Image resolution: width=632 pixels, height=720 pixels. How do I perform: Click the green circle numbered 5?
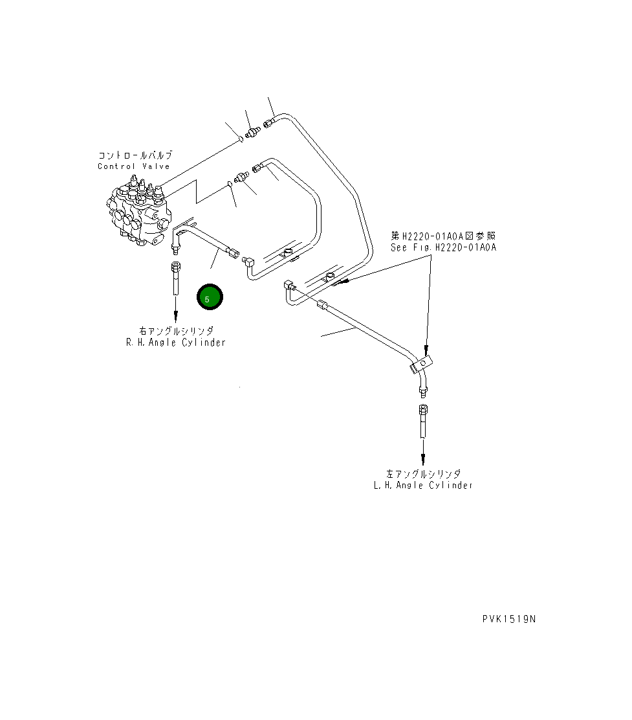(210, 298)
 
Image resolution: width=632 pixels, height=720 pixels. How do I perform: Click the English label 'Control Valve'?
(134, 166)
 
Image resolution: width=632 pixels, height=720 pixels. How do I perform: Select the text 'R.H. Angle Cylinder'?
(176, 343)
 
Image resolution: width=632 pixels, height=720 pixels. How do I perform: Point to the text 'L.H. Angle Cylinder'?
(423, 485)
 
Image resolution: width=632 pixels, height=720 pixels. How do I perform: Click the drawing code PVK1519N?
(509, 619)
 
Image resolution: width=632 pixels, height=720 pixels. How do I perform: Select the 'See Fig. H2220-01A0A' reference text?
(443, 247)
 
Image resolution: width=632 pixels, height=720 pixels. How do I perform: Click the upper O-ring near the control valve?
(240, 137)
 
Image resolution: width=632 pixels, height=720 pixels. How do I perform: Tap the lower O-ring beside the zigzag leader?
(230, 185)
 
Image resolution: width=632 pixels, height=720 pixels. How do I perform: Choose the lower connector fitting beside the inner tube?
(243, 177)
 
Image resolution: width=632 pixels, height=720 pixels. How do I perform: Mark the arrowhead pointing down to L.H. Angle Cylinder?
(423, 458)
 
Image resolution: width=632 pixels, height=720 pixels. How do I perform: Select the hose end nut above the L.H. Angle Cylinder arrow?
(423, 410)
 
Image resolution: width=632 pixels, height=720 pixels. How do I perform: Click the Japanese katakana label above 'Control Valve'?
(135, 155)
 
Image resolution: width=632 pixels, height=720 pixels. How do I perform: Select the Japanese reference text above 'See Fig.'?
(444, 236)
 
